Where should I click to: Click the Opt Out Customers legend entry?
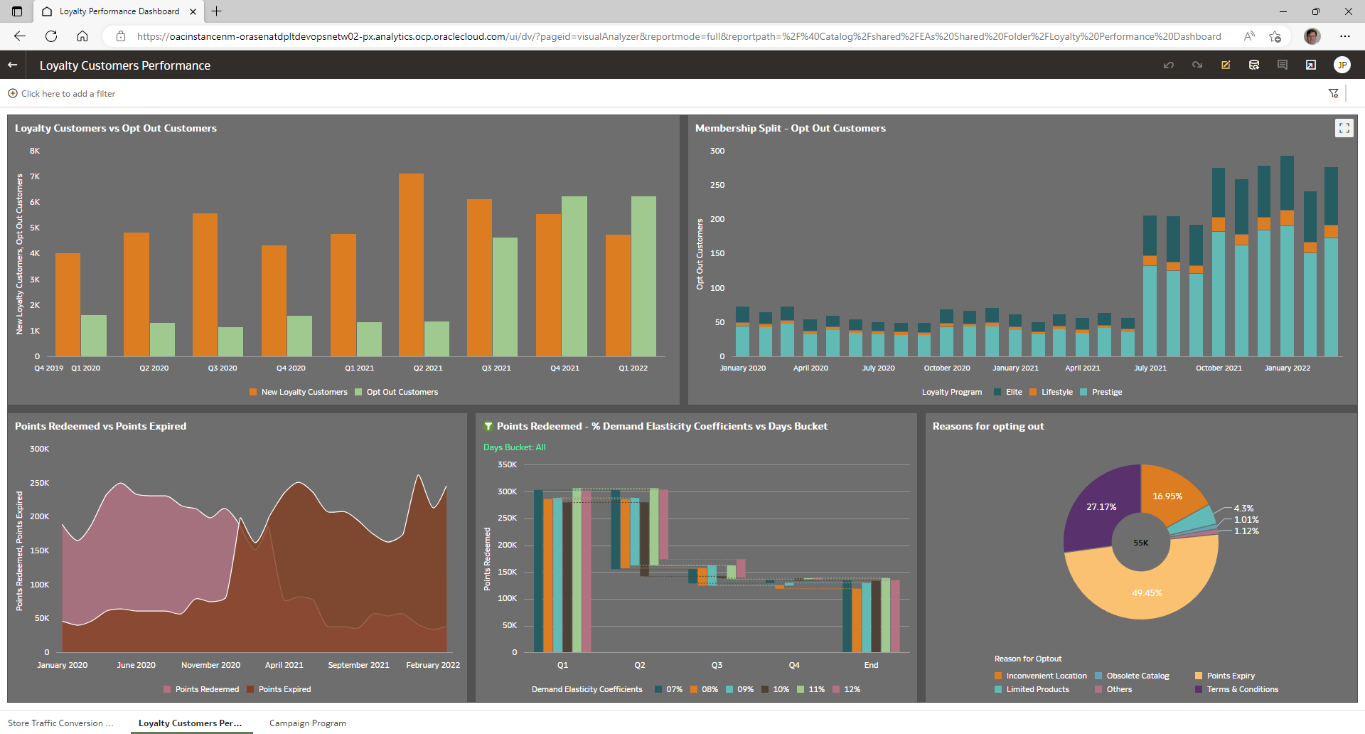[402, 392]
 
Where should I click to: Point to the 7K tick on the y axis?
[35, 176]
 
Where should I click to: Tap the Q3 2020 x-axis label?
[223, 368]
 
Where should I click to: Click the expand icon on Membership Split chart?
[1344, 128]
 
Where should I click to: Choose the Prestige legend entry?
[1106, 392]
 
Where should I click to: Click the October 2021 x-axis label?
[1219, 368]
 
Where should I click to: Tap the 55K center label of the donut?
[1141, 543]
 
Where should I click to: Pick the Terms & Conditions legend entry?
[1242, 689]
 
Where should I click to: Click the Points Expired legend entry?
[284, 689]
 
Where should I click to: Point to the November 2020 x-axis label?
[210, 665]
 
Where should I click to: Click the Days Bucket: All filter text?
[515, 447]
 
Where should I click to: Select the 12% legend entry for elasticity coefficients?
[852, 689]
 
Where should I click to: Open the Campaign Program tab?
[307, 723]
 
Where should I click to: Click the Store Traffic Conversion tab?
[60, 723]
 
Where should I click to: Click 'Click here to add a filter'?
[68, 93]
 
